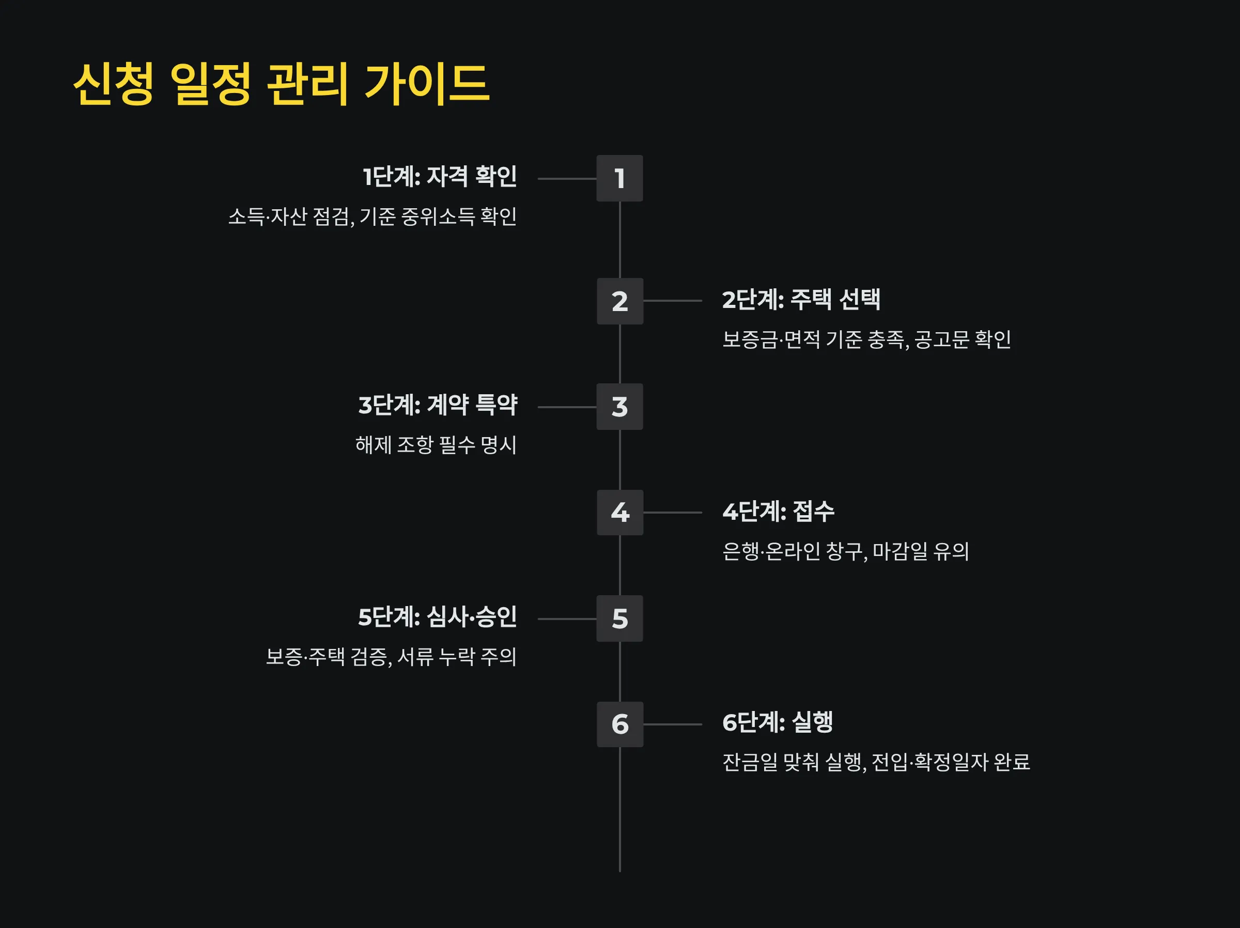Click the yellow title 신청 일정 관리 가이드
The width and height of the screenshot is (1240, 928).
(x=282, y=84)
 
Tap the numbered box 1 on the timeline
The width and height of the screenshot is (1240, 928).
(x=619, y=178)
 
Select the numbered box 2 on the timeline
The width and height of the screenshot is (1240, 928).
(x=619, y=301)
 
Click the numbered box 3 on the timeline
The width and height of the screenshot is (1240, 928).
(x=619, y=407)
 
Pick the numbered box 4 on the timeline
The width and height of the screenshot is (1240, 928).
(x=619, y=513)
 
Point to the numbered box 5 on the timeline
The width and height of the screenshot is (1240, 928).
(x=619, y=618)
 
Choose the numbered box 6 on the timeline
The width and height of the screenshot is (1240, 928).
(x=619, y=724)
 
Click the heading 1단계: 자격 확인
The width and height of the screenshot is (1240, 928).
(x=440, y=177)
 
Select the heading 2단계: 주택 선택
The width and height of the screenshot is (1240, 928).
(x=801, y=299)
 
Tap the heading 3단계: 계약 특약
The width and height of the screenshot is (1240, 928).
(x=437, y=405)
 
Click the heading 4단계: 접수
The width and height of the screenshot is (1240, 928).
(x=778, y=512)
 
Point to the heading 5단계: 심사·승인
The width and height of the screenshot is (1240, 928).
(x=437, y=617)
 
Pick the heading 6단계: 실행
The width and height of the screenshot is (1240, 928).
(x=778, y=722)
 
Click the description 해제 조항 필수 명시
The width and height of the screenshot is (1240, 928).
(x=436, y=445)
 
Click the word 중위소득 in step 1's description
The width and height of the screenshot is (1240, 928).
(x=438, y=216)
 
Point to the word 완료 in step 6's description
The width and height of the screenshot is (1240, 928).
(x=1012, y=762)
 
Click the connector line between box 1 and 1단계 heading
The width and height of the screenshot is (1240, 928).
(x=567, y=179)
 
